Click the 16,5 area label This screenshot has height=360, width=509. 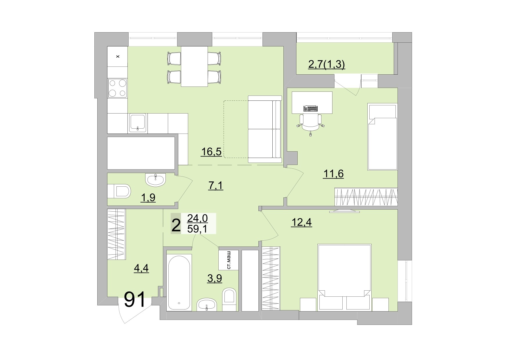point(211,152)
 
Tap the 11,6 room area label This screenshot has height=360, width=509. point(333,174)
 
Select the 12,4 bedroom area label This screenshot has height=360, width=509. point(301,222)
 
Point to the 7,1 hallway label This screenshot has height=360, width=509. point(215,185)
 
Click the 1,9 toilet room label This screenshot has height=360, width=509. point(148,198)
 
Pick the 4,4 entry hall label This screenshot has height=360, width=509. point(141,268)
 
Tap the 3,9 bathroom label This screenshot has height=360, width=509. point(215,278)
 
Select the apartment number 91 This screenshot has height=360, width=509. point(135,300)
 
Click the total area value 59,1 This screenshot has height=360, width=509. point(197,229)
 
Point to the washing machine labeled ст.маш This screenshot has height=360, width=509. point(229,260)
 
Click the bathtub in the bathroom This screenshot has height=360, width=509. point(179,282)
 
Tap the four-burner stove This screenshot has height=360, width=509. point(118,88)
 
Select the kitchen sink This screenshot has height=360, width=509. point(138,123)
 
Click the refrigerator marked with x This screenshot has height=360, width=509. point(118,56)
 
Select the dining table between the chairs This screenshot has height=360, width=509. point(194,66)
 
